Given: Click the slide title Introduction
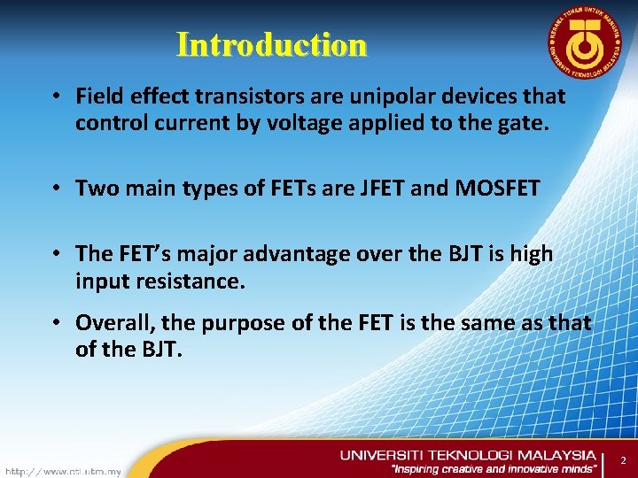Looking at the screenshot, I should pos(271,44).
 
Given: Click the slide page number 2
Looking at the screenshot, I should pos(623,460).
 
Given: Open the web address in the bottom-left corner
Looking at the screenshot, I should pos(63,471).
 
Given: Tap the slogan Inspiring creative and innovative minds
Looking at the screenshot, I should pos(494,469).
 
